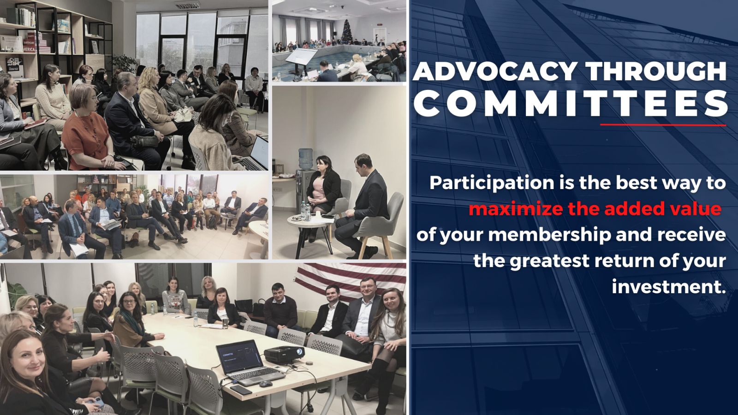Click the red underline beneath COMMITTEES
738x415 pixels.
point(663,125)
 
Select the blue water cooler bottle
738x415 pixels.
point(306,159)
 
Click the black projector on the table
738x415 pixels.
point(284,354)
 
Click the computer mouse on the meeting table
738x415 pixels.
point(266,384)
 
